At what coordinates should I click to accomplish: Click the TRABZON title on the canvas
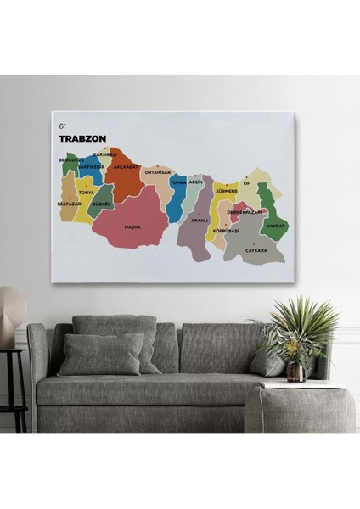[x=82, y=138]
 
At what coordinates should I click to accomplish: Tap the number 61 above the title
[x=63, y=126]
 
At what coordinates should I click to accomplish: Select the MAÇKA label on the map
[x=132, y=227]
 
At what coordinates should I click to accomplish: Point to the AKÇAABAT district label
[x=126, y=167]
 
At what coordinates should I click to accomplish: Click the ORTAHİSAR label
[x=158, y=172]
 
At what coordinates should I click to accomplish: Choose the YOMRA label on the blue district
[x=178, y=182]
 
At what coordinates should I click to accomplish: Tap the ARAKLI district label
[x=200, y=220]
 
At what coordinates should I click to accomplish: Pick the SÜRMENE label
[x=227, y=192]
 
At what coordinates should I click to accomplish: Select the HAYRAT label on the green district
[x=275, y=227]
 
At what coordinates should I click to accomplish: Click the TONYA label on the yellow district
[x=87, y=193]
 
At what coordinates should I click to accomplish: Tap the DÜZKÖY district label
[x=102, y=204]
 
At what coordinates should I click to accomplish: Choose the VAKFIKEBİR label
[x=91, y=167]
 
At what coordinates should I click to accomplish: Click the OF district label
[x=246, y=182]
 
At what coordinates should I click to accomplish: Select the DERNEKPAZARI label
[x=245, y=212]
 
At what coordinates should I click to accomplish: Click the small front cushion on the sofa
[x=100, y=354]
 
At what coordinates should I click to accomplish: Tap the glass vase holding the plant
[x=295, y=371]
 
